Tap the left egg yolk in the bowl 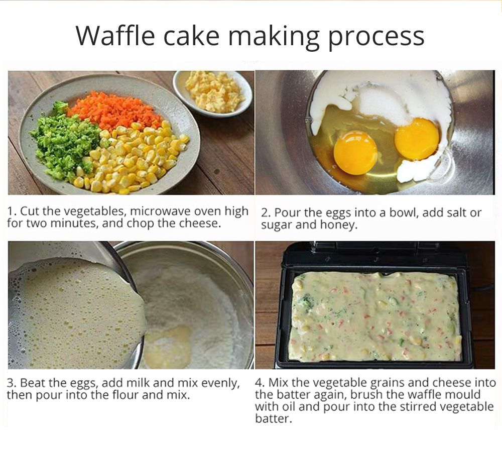point(355,152)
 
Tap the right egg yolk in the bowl point(417,138)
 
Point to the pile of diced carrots point(115,110)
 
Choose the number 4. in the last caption point(260,383)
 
